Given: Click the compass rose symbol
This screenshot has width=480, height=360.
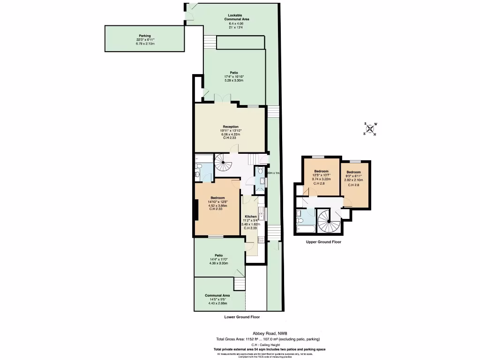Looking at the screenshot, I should coord(370,129).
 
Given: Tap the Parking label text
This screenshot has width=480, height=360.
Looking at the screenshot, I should coord(145,36).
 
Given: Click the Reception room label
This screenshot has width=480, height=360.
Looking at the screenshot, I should coord(231,127).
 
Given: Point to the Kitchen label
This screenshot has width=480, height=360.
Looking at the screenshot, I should coord(251,217).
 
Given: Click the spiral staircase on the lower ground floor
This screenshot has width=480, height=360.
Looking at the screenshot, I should coord(224,164).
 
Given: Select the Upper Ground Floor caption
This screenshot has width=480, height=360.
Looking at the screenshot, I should coord(323,242).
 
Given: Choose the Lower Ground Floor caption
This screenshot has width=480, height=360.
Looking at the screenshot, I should coord(242,317).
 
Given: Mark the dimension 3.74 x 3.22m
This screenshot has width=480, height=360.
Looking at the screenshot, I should coord(321,179).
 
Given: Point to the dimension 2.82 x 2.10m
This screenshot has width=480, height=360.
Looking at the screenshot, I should coord(353,180).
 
